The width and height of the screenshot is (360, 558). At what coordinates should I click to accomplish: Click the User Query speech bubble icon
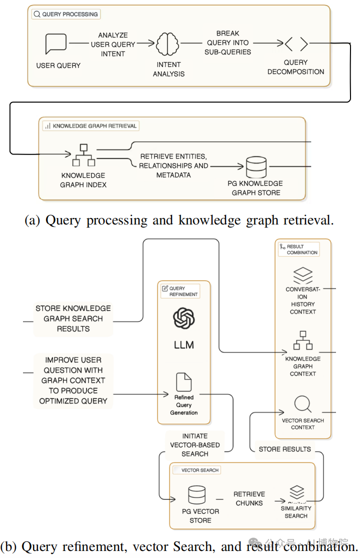click(x=55, y=43)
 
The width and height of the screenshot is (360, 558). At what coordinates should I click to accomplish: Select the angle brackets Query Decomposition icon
click(x=296, y=44)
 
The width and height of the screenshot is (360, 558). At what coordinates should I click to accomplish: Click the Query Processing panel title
click(x=66, y=14)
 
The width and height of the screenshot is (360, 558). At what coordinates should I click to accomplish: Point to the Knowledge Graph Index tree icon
click(x=83, y=155)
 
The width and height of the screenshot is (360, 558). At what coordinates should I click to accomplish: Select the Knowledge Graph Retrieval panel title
click(x=90, y=126)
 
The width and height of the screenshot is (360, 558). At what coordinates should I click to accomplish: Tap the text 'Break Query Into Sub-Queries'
click(x=228, y=42)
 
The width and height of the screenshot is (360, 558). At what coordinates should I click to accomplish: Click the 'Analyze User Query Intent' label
click(x=112, y=44)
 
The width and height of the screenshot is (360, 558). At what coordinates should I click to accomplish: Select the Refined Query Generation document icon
click(x=183, y=382)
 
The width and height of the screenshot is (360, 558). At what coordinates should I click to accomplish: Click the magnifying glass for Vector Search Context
click(x=303, y=403)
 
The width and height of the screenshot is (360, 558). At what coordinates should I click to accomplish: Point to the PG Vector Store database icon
click(x=196, y=494)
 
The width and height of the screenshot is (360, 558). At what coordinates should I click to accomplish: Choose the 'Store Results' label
click(x=284, y=449)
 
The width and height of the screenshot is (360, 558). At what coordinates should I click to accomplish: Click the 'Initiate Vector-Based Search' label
click(x=194, y=445)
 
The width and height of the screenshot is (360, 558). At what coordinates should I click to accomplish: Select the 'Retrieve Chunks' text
click(x=249, y=498)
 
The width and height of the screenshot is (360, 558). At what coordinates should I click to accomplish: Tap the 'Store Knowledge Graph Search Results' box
click(x=73, y=318)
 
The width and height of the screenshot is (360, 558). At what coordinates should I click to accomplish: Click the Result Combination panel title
click(x=299, y=249)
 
